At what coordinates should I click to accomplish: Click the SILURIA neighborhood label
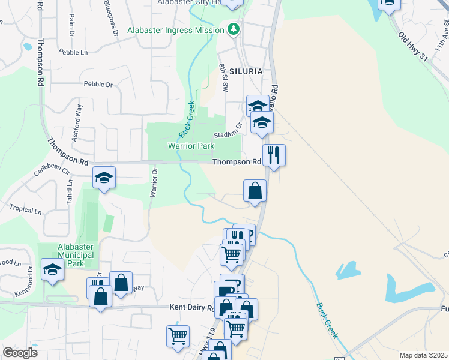pyautogui.click(x=246, y=71)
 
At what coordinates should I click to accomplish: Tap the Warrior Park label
pyautogui.click(x=191, y=146)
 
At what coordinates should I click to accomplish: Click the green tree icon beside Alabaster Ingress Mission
pyautogui.click(x=233, y=28)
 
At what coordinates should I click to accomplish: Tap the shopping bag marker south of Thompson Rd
pyautogui.click(x=255, y=191)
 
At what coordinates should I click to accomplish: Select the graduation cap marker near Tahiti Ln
pyautogui.click(x=104, y=178)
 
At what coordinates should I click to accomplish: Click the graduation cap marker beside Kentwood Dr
pyautogui.click(x=52, y=269)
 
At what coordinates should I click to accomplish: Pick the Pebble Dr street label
pyautogui.click(x=98, y=85)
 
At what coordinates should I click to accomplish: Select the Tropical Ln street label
pyautogui.click(x=26, y=211)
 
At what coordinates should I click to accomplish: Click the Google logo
pyautogui.click(x=20, y=353)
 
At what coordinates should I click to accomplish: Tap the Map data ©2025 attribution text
pyautogui.click(x=423, y=355)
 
